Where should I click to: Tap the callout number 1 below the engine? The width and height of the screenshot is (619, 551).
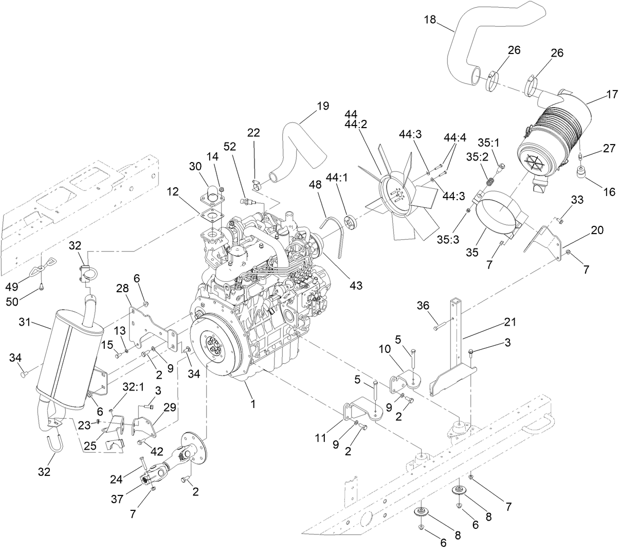point(252,404)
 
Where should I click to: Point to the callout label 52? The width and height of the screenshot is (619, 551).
point(229,146)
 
